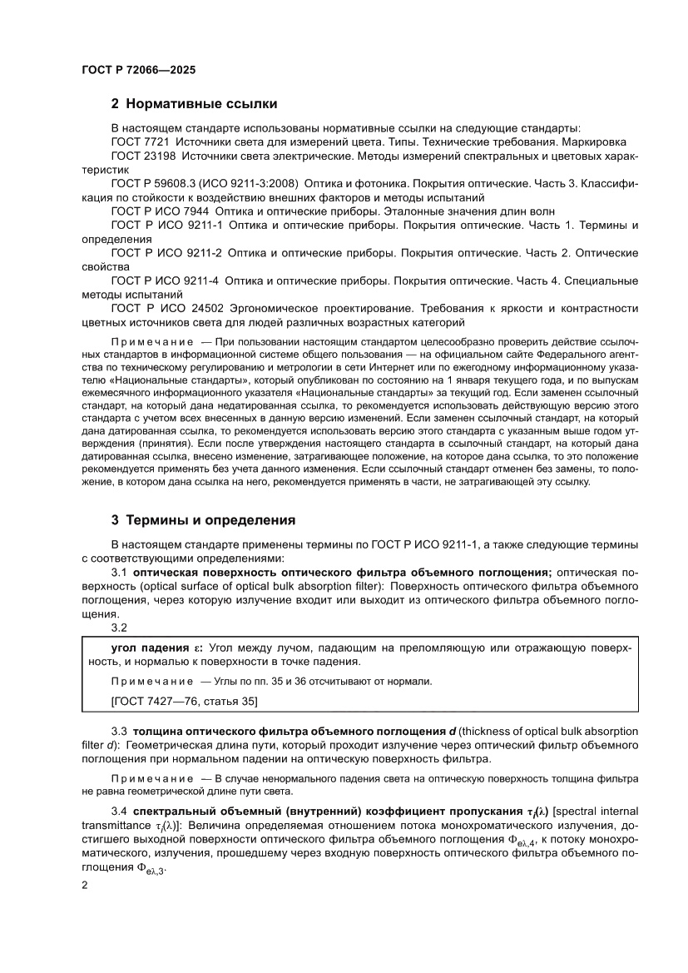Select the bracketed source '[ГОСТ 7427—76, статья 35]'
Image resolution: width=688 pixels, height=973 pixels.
pos(173,702)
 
